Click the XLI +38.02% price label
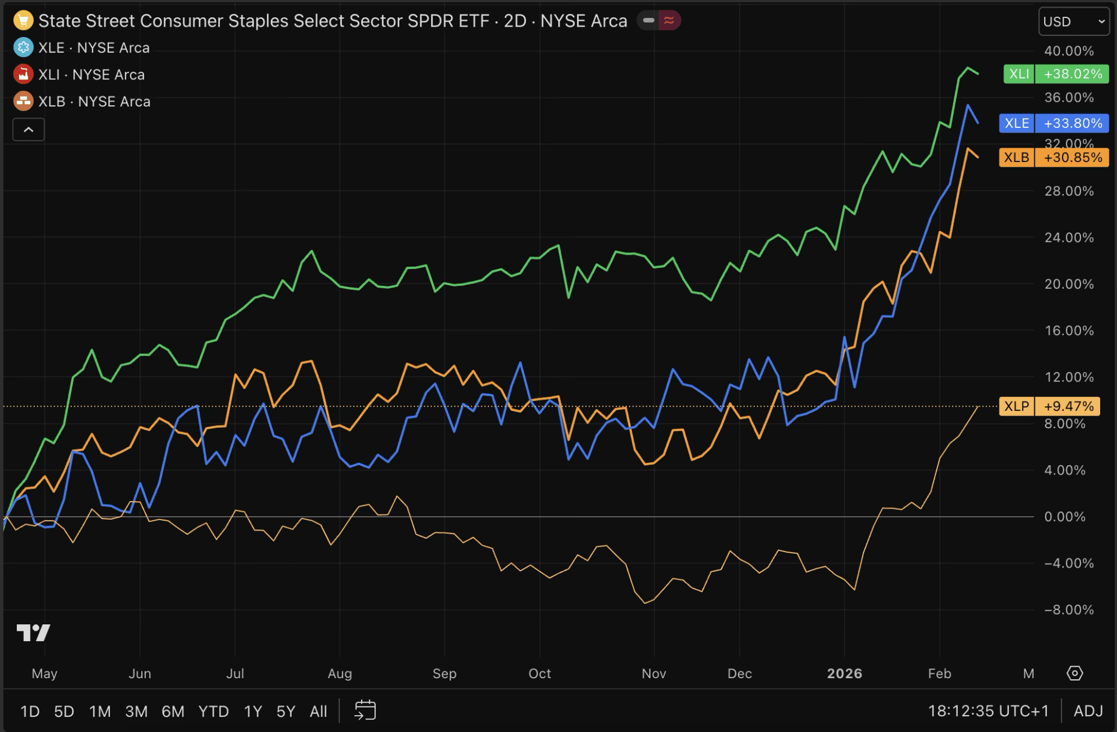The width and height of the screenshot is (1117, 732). pyautogui.click(x=1056, y=74)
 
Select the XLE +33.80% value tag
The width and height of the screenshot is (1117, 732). pyautogui.click(x=1053, y=123)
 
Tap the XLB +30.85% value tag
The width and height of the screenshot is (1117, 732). pyautogui.click(x=1053, y=157)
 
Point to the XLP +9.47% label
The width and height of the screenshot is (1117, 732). pyautogui.click(x=1049, y=406)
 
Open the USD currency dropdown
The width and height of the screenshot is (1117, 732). pyautogui.click(x=1074, y=22)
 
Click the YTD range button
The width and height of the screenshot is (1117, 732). pyautogui.click(x=214, y=711)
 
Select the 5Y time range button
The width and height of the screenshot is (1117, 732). pyautogui.click(x=286, y=711)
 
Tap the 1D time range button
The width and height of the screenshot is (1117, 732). pyautogui.click(x=30, y=711)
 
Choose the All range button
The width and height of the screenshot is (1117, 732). pyautogui.click(x=318, y=711)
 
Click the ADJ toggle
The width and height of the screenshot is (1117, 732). pyautogui.click(x=1088, y=711)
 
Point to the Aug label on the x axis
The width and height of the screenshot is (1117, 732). pyautogui.click(x=340, y=674)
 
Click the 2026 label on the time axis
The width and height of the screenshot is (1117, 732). pyautogui.click(x=844, y=674)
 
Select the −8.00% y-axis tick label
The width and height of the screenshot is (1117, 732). pyautogui.click(x=1068, y=610)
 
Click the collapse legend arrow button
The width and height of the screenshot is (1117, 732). pyautogui.click(x=28, y=130)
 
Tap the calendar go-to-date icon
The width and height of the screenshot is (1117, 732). pyautogui.click(x=365, y=711)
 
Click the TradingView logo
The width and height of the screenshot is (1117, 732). pyautogui.click(x=34, y=632)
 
